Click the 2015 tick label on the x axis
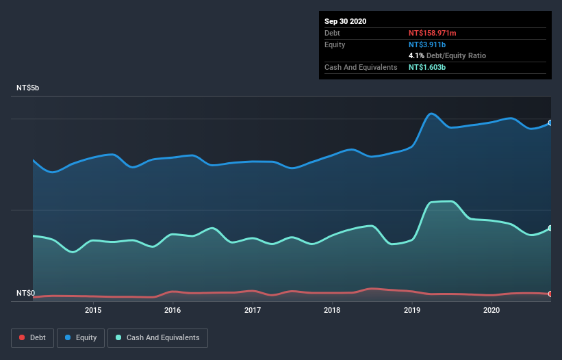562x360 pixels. [93, 310]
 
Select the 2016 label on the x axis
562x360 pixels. [173, 310]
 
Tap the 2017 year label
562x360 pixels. [253, 310]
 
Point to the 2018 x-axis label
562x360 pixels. [332, 310]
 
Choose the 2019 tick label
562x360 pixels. [412, 310]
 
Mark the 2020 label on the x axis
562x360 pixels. [491, 310]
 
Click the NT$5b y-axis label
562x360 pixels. [29, 88]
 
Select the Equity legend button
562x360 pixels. [81, 337]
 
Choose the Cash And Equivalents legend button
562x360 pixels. [157, 337]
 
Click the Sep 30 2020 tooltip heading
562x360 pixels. [345, 21]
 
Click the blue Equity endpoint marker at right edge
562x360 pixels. [550, 123]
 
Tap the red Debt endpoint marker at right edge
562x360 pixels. [550, 294]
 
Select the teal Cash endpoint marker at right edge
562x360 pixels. [550, 228]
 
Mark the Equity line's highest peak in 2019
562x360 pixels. [431, 114]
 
